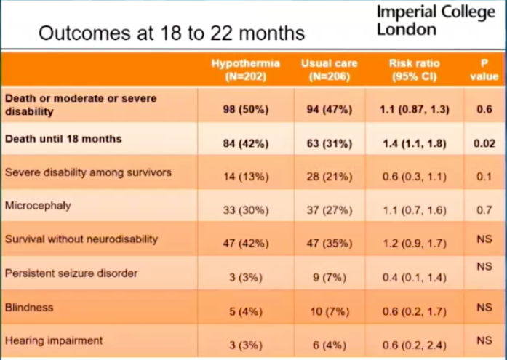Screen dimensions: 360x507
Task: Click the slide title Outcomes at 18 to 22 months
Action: [x=171, y=33]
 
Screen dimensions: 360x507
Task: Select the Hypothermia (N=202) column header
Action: [x=246, y=70]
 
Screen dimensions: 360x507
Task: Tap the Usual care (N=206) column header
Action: [x=329, y=70]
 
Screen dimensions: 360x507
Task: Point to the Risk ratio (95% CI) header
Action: [x=414, y=70]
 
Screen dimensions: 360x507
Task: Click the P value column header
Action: [x=484, y=70]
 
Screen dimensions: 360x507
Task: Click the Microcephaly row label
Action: [x=38, y=206]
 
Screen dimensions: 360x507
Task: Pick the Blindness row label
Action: [x=29, y=307]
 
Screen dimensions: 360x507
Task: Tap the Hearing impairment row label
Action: [x=54, y=340]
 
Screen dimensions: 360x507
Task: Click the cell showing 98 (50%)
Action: [x=246, y=110]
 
